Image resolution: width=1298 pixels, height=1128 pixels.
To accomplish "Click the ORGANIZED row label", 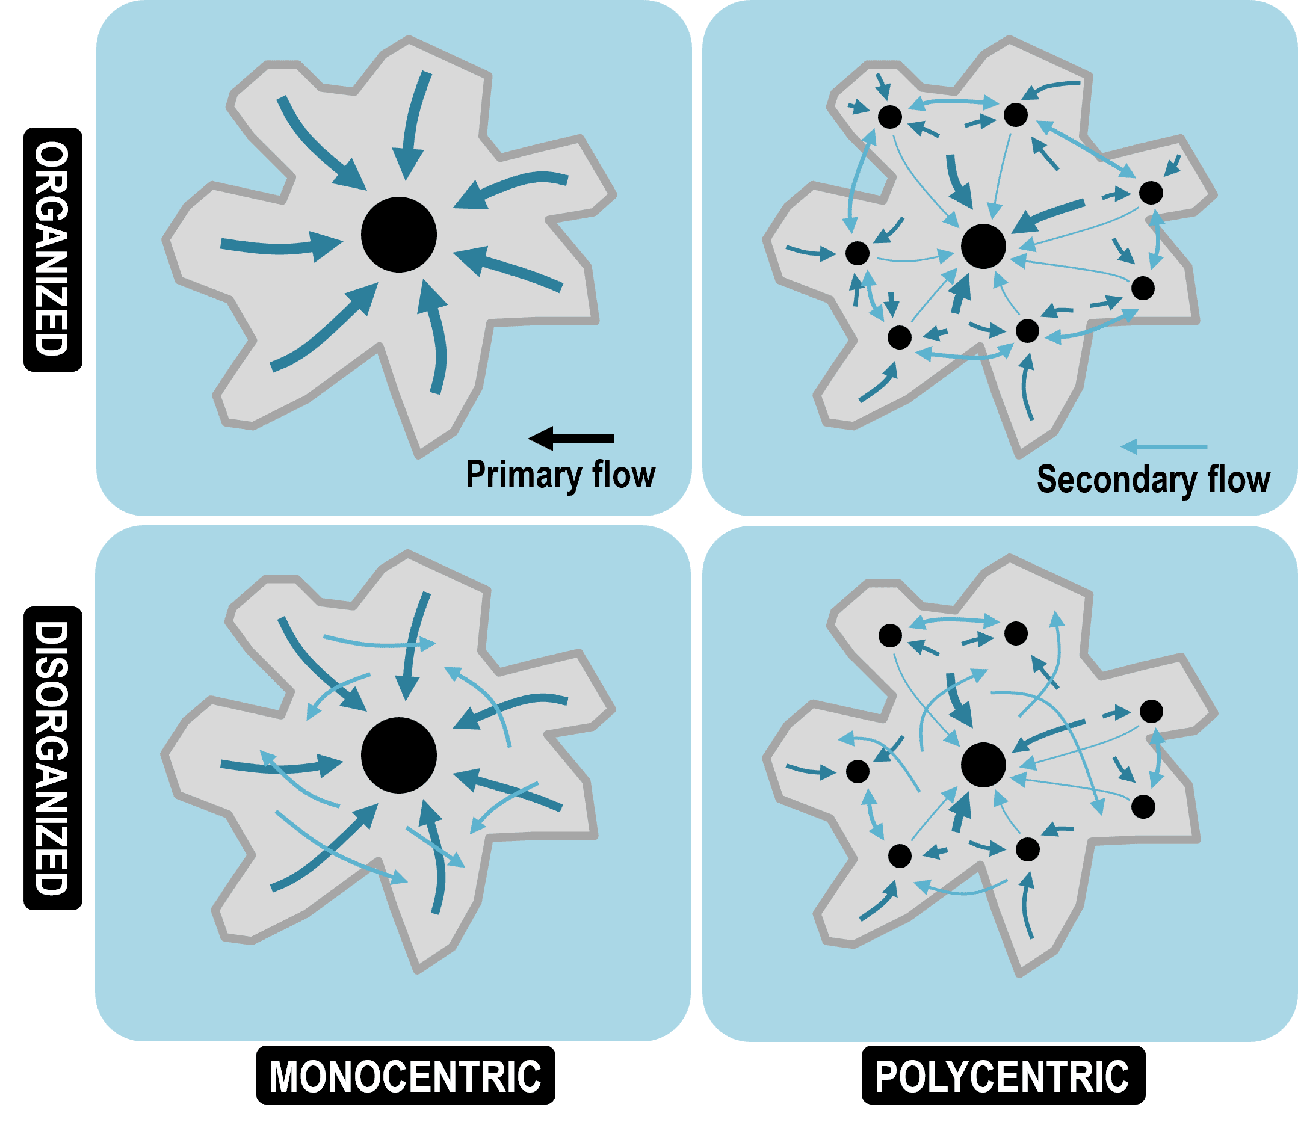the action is pyautogui.click(x=52, y=249).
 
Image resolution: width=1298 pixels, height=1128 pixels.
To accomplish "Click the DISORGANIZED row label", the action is pyautogui.click(x=52, y=758).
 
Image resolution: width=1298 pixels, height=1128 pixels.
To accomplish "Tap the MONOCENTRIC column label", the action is pyautogui.click(x=406, y=1076).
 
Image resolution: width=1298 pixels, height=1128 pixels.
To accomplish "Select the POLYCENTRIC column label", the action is pyautogui.click(x=1003, y=1076).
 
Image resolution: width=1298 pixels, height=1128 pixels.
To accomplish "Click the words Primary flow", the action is pyautogui.click(x=560, y=475).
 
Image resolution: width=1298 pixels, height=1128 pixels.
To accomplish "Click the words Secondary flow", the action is pyautogui.click(x=1153, y=479).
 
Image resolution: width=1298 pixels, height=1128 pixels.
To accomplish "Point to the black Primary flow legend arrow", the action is pyautogui.click(x=570, y=438).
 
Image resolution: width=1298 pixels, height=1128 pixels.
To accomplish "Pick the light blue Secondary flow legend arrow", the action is pyautogui.click(x=1163, y=446).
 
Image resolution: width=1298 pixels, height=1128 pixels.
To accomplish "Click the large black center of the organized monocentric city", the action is pyautogui.click(x=398, y=235).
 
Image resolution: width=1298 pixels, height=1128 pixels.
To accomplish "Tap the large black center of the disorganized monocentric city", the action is pyautogui.click(x=398, y=755).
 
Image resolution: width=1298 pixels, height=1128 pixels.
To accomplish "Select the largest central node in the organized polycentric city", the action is pyautogui.click(x=983, y=245).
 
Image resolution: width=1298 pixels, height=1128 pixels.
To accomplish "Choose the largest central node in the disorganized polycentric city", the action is pyautogui.click(x=983, y=764).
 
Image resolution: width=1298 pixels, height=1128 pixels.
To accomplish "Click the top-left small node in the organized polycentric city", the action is pyautogui.click(x=889, y=117).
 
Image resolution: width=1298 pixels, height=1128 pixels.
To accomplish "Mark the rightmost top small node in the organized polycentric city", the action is pyautogui.click(x=1151, y=193).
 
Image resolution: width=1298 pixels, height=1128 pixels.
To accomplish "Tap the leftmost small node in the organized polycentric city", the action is pyautogui.click(x=858, y=253).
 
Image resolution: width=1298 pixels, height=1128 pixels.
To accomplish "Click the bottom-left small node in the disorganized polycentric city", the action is pyautogui.click(x=900, y=856).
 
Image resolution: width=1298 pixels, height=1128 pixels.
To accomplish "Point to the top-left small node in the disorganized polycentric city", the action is pyautogui.click(x=890, y=636).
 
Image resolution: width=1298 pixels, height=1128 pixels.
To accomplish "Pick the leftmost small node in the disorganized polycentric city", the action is pyautogui.click(x=858, y=771).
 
